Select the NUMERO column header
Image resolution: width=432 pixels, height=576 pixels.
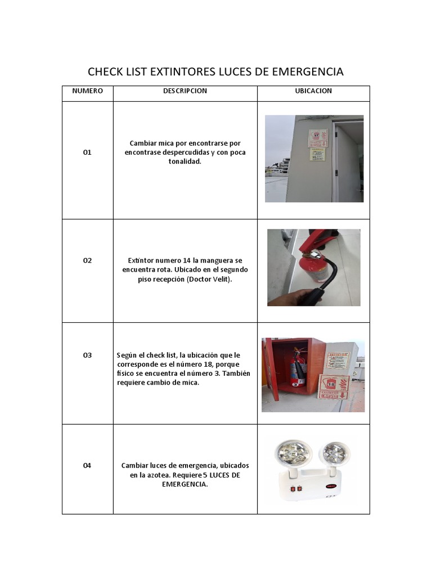point(87,91)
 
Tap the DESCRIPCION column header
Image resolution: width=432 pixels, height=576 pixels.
point(185,91)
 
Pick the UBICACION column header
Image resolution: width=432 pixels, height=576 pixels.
point(313,91)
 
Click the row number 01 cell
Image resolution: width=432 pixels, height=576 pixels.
point(87,152)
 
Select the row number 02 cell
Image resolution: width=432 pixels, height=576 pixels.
point(87,260)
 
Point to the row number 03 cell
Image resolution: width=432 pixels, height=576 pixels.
point(87,355)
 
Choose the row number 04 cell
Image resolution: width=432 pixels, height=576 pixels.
point(87,465)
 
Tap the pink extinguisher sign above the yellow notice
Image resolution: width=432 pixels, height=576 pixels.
point(317,138)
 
